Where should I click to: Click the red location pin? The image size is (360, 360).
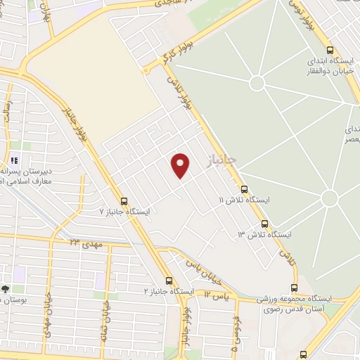click(x=181, y=165)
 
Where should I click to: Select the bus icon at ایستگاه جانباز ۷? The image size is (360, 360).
click(x=124, y=200)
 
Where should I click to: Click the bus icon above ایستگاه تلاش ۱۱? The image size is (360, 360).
click(x=245, y=189)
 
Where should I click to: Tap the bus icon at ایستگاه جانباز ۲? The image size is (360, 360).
click(x=168, y=280)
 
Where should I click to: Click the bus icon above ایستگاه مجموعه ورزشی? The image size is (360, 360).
click(x=294, y=287)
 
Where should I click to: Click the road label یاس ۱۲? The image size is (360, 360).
click(x=217, y=295)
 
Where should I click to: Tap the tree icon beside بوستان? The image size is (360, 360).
click(x=6, y=289)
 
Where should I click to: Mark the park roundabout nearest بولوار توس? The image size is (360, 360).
click(x=257, y=83)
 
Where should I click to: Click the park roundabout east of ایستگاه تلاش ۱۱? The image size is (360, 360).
click(x=329, y=198)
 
